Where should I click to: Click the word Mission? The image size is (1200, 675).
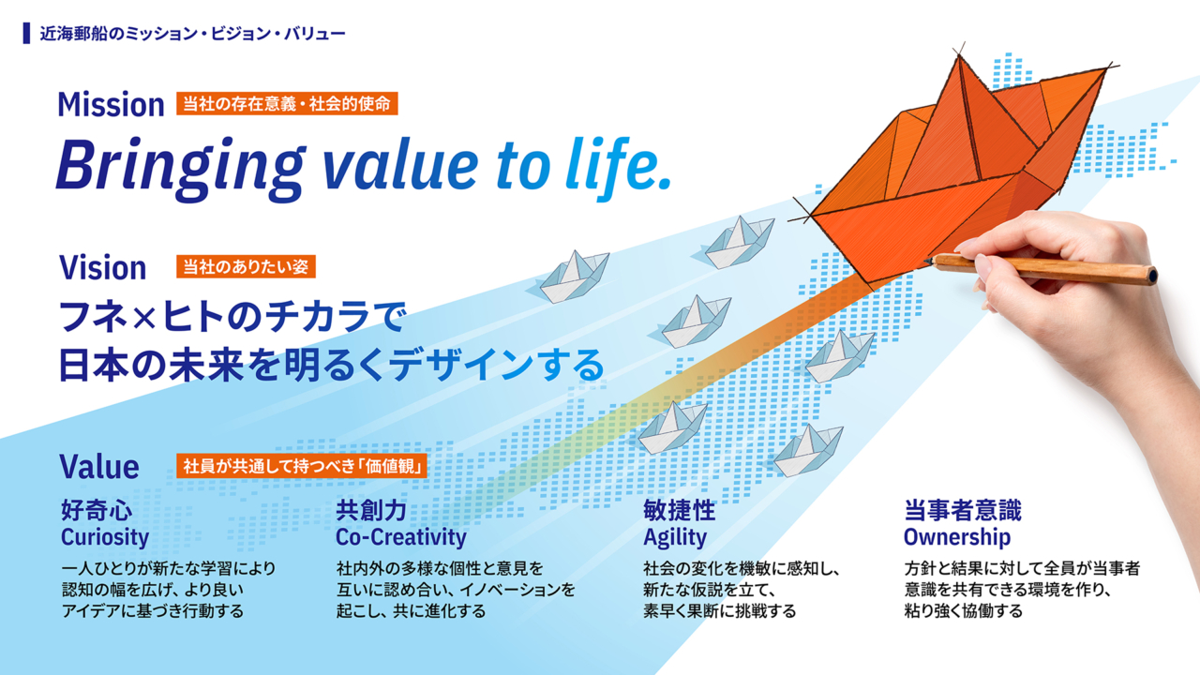point(111,104)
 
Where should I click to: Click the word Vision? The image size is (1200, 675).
point(102,267)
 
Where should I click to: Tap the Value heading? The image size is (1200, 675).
point(99,467)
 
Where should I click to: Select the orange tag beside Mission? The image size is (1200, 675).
point(287,103)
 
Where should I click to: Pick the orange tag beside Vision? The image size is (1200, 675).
point(246,266)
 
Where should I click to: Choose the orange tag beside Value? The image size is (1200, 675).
point(302,466)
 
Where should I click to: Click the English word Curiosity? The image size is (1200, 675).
point(105,537)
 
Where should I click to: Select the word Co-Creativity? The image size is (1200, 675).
point(401,537)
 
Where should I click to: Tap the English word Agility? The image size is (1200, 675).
point(675,537)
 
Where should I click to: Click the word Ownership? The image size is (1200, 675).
point(957,537)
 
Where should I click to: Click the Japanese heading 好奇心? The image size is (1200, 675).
point(97,510)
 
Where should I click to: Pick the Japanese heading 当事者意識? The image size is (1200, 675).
point(963,510)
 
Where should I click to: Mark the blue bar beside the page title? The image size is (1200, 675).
point(27,33)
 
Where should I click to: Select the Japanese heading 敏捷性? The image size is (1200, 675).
point(680,510)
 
